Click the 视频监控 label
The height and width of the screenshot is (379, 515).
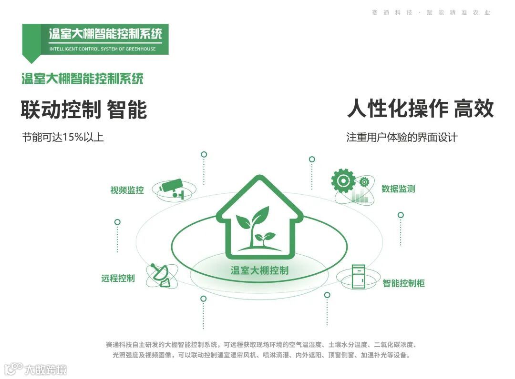click(x=127, y=190)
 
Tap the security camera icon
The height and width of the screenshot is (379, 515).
click(x=173, y=189)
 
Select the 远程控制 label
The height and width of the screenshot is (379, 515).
click(x=118, y=279)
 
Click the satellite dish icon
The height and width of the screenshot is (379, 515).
click(x=161, y=275)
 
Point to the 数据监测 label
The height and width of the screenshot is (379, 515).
click(x=398, y=189)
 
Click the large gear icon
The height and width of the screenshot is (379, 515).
click(x=343, y=180)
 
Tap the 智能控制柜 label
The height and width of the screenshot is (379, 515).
click(x=403, y=283)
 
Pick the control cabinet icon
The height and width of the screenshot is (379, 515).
click(x=358, y=277)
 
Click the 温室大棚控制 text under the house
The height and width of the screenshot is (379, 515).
click(x=259, y=270)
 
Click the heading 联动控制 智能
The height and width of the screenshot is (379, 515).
click(x=84, y=110)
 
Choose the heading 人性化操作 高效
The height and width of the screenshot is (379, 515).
click(x=420, y=109)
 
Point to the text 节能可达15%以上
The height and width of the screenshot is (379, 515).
click(x=63, y=138)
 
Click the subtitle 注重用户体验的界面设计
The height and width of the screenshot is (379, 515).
click(x=402, y=138)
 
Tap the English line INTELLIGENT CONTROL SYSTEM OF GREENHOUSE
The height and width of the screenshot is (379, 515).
click(x=103, y=49)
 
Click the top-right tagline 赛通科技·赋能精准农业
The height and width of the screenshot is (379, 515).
click(x=431, y=13)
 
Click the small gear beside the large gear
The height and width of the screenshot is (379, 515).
click(x=364, y=181)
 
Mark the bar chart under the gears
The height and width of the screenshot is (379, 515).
click(x=360, y=197)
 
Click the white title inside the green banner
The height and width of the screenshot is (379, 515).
click(x=105, y=34)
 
